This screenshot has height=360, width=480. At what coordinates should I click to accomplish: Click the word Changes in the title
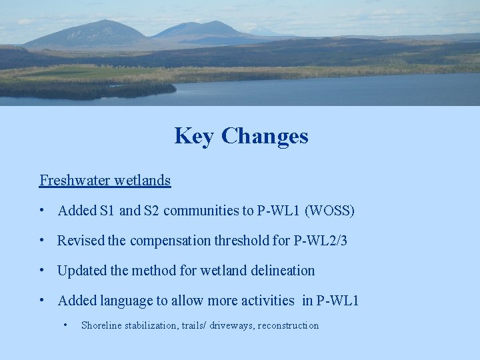(265, 136)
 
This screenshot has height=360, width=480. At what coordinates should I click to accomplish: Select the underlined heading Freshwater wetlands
(105, 180)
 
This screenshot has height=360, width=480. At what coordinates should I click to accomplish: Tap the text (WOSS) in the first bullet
(329, 211)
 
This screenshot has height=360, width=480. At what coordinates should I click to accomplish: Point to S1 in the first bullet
(107, 211)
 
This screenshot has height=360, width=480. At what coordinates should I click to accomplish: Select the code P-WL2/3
(320, 241)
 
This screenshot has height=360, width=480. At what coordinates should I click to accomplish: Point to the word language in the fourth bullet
(126, 301)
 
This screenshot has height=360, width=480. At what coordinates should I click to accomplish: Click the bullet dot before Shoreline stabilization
(65, 325)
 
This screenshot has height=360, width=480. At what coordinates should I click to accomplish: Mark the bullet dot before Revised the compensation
(42, 241)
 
